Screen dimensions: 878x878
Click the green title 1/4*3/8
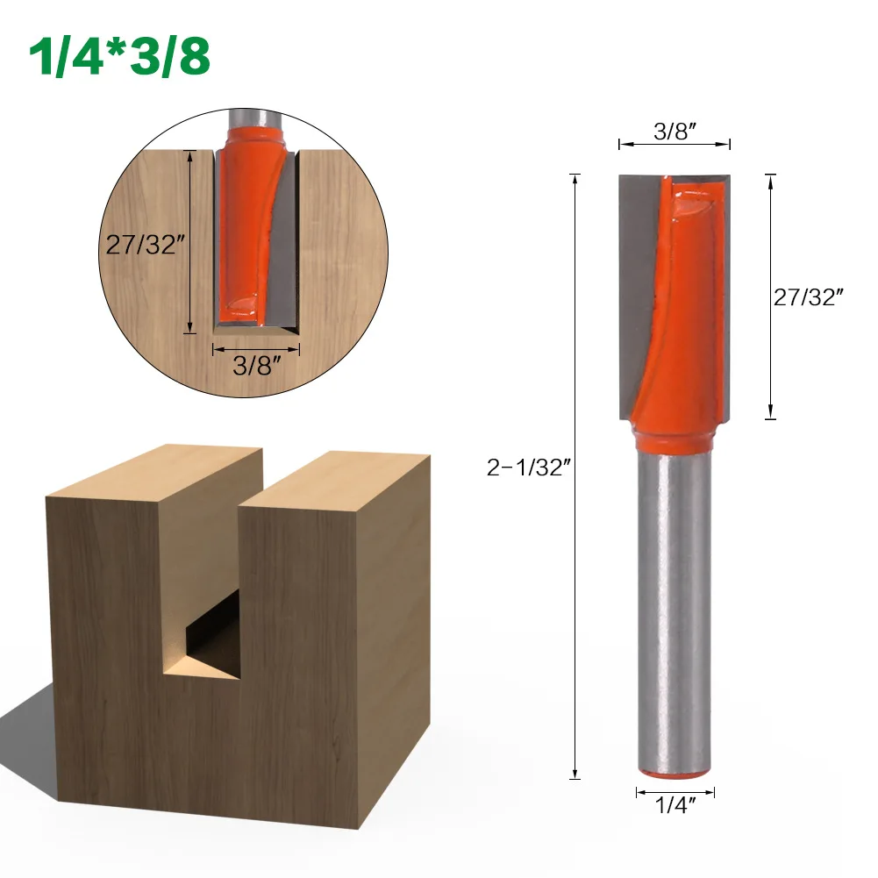pyautogui.click(x=120, y=57)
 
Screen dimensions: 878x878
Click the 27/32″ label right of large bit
pyautogui.click(x=808, y=297)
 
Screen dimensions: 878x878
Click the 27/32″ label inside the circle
pyautogui.click(x=143, y=244)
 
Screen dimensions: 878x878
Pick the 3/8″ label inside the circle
pyautogui.click(x=255, y=366)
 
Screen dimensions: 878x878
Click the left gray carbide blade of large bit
pyautogui.click(x=637, y=289)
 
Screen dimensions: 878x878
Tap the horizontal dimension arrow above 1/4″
pyautogui.click(x=675, y=792)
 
